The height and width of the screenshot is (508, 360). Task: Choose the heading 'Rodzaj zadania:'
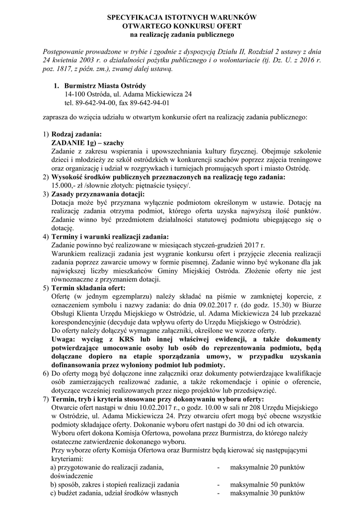pos(76,134)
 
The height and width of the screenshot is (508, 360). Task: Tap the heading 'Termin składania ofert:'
pos(88,288)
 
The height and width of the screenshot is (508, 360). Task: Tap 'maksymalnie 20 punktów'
pos(267,467)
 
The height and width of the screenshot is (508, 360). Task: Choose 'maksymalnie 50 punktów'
pos(267,484)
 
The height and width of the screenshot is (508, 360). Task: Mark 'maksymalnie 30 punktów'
pos(267,493)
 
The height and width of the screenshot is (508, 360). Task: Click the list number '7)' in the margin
pos(45,399)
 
